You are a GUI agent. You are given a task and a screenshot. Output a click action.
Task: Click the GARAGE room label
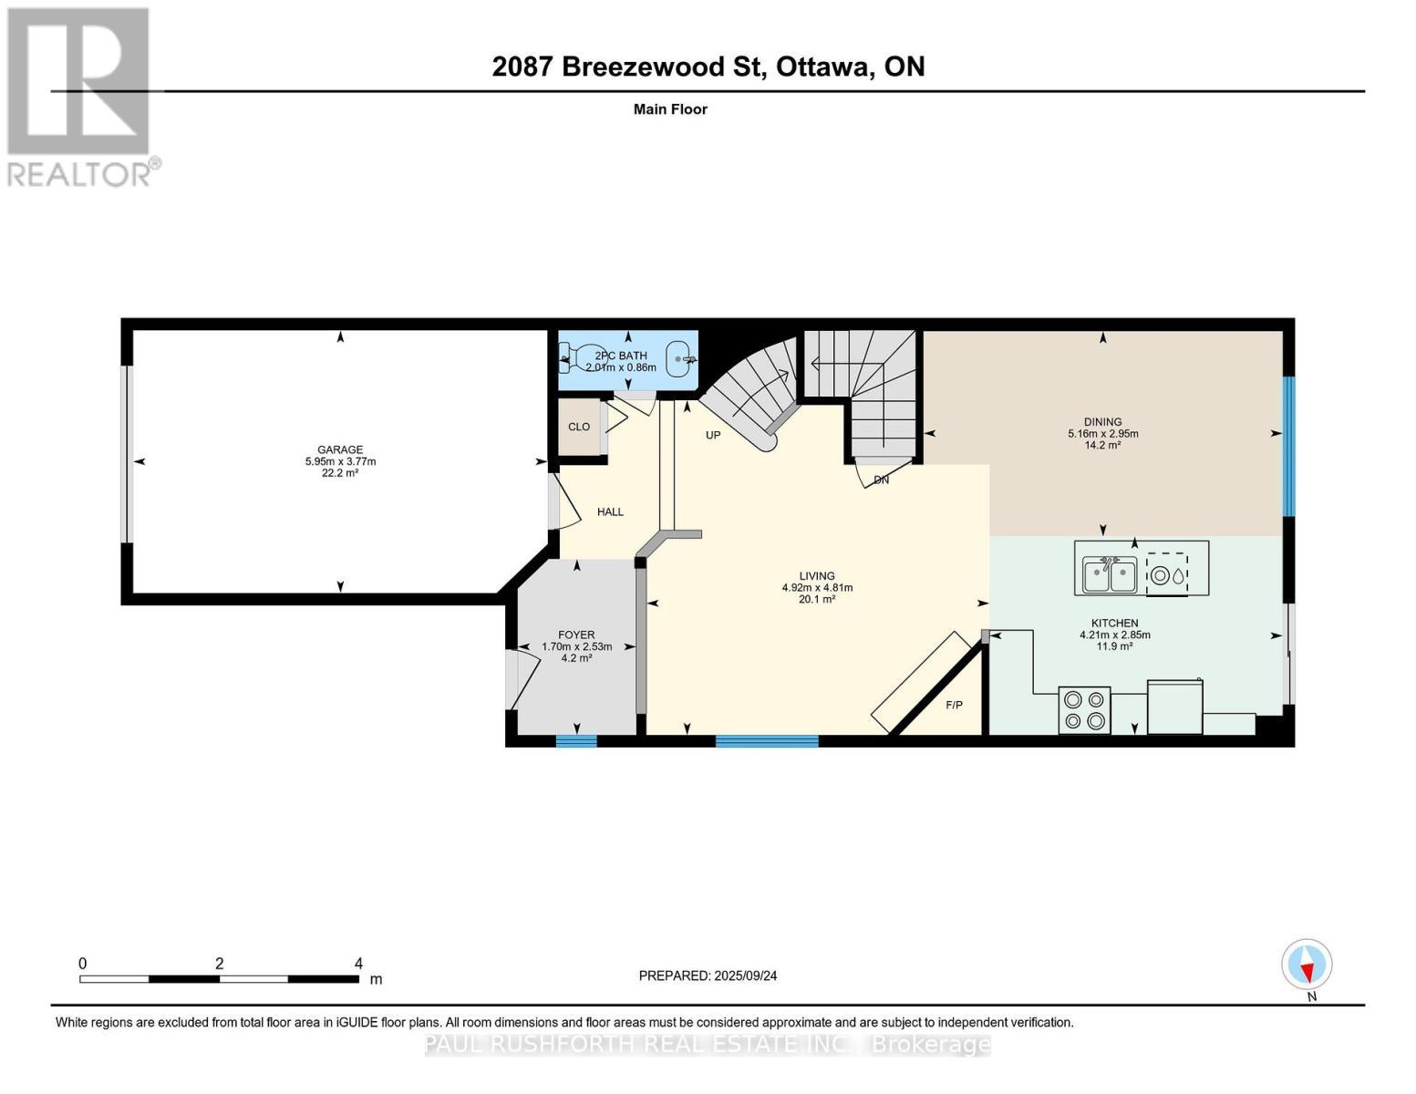[339, 449]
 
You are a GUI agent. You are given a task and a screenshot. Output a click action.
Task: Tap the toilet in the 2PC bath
[574, 357]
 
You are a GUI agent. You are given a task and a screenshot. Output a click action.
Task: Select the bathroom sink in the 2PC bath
[679, 358]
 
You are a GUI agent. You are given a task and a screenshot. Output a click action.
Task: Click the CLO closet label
[579, 427]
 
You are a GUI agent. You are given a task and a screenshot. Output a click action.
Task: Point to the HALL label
[610, 511]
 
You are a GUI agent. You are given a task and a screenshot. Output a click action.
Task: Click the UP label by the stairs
[713, 435]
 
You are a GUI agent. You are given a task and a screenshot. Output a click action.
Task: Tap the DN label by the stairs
[881, 480]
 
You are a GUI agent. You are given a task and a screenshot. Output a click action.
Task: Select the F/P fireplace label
[954, 705]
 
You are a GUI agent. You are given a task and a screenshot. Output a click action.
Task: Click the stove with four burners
[1084, 709]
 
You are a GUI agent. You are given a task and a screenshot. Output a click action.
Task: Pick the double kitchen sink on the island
[1109, 574]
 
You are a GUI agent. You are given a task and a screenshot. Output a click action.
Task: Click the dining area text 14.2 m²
[1102, 445]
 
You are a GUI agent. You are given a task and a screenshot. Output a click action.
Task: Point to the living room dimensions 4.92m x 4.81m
[817, 587]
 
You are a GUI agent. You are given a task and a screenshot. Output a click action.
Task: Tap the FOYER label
[576, 634]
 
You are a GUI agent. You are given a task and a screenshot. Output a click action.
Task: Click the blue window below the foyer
[576, 741]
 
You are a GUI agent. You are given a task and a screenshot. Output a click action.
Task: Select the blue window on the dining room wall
[1289, 447]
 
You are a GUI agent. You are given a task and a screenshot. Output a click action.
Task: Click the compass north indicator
[1307, 965]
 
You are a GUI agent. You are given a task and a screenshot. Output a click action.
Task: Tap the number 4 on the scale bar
[357, 963]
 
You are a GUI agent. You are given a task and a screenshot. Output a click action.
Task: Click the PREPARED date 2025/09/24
[746, 975]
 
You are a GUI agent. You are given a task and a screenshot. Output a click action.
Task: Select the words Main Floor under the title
[670, 109]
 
